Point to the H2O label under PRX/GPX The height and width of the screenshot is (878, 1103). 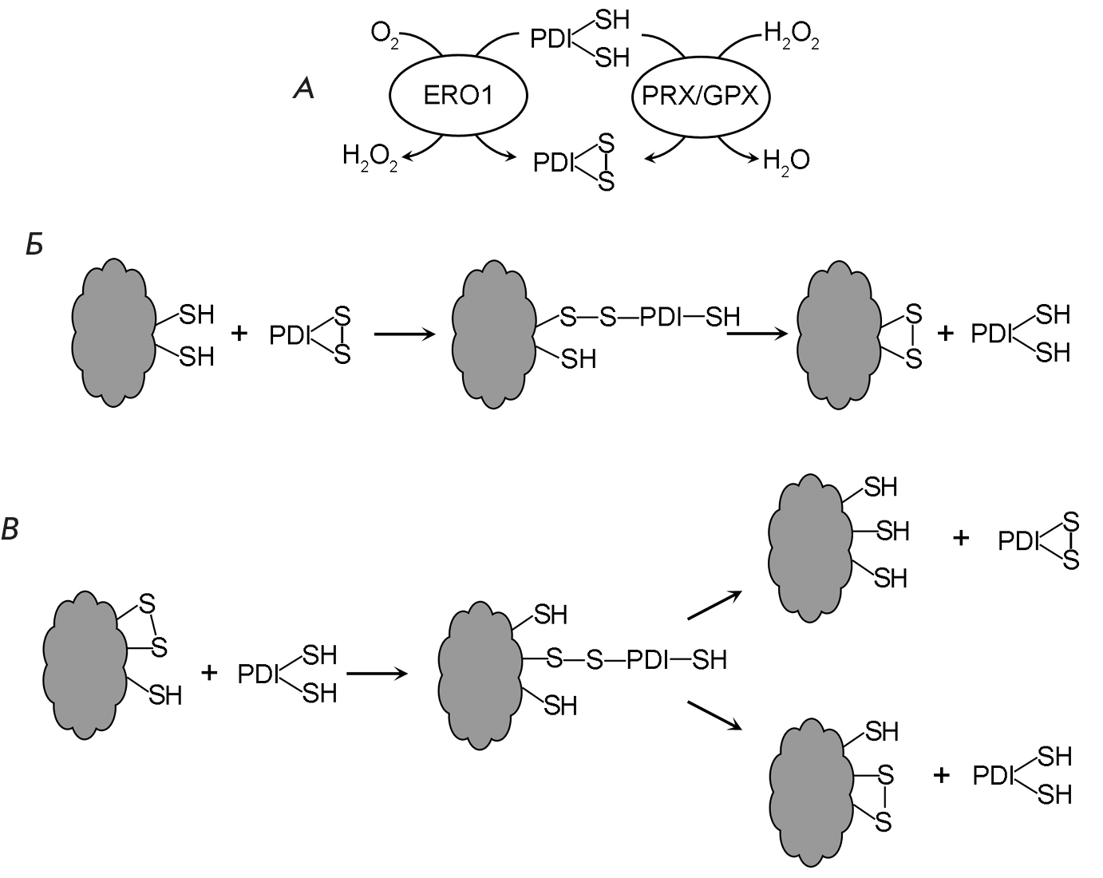786,160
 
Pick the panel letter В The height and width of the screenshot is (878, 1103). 10,528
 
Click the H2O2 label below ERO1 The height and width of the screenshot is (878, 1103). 370,156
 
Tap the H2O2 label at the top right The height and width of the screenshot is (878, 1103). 791,37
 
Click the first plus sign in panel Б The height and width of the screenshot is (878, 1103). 239,333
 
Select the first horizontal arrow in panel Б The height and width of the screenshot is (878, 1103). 405,334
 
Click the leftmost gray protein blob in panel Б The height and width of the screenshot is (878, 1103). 112,333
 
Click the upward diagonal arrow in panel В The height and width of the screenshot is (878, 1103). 714,605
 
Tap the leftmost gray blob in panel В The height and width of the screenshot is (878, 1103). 85,666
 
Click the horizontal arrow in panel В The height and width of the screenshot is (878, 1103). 377,674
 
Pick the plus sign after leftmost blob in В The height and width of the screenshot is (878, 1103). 209,674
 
